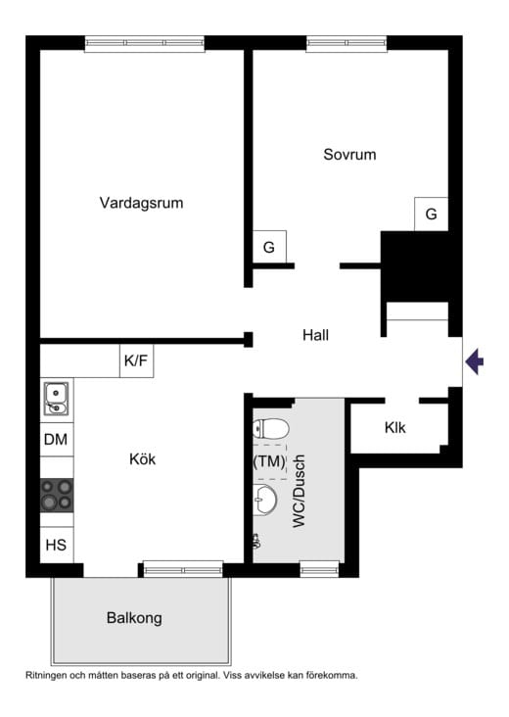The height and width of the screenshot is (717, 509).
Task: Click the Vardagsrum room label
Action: click(141, 204)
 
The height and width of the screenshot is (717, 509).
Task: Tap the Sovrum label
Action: click(349, 155)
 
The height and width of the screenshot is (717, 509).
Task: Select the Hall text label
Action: click(315, 335)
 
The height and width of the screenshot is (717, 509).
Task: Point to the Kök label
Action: click(143, 458)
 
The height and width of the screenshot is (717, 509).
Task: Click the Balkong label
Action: click(134, 618)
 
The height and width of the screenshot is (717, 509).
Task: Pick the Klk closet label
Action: click(395, 427)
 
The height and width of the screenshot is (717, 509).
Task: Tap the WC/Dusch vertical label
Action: click(300, 492)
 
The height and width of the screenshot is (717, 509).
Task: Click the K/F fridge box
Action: click(136, 361)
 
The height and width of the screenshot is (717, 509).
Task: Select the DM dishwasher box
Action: click(56, 440)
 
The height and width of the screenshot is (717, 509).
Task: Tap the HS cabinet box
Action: click(56, 544)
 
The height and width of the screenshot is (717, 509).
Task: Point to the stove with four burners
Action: click(56, 494)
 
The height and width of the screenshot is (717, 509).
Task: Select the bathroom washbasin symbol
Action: click(263, 501)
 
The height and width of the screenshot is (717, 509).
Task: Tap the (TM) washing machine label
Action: click(269, 460)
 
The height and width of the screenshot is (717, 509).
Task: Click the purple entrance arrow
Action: click(475, 362)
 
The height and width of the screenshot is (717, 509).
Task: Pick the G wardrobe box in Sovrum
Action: click(431, 214)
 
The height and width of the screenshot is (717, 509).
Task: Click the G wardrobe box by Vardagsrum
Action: click(269, 248)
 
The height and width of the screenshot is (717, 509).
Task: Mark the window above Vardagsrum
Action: click(144, 43)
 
